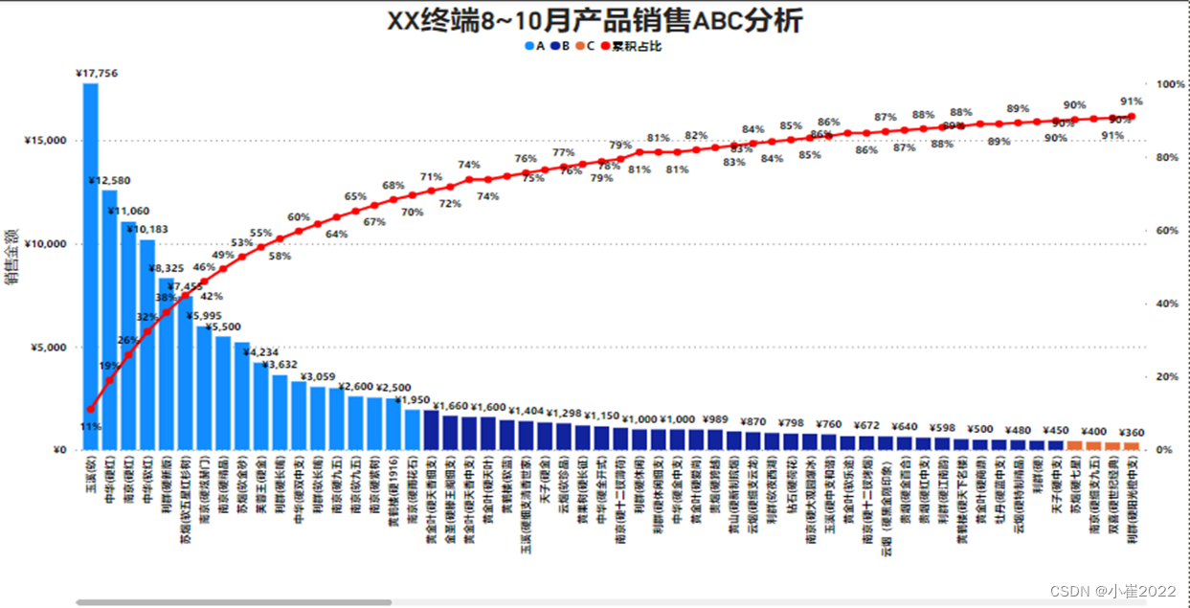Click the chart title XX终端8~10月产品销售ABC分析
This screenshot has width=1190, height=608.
click(x=594, y=21)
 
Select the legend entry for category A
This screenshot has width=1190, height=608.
click(x=535, y=46)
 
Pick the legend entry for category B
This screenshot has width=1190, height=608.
click(x=561, y=46)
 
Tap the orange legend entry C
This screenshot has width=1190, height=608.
click(x=586, y=46)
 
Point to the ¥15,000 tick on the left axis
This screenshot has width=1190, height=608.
click(x=45, y=141)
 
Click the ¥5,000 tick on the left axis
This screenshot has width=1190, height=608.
click(x=48, y=348)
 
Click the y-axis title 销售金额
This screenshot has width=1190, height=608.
click(x=11, y=256)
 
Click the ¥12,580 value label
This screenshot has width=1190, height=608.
click(x=109, y=181)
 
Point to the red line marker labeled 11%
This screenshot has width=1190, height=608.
click(x=91, y=410)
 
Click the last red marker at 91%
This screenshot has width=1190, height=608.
click(x=1132, y=117)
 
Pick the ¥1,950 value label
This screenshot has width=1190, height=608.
click(x=414, y=399)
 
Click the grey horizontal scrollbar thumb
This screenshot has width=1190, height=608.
click(x=234, y=602)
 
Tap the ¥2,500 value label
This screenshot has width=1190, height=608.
click(x=393, y=387)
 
